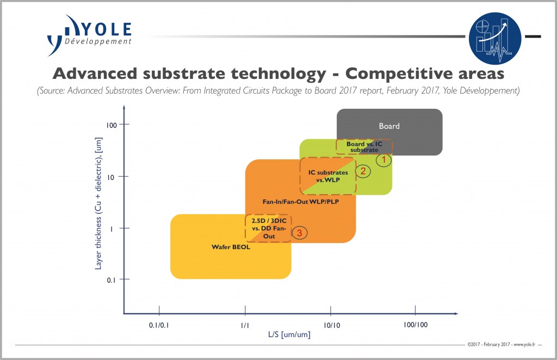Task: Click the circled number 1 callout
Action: (x=383, y=160)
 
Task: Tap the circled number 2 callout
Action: (x=363, y=171)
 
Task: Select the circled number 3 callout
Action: (x=300, y=233)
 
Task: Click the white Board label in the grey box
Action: (x=389, y=126)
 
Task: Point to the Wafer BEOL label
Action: (x=231, y=247)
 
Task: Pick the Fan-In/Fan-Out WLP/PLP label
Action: (x=301, y=202)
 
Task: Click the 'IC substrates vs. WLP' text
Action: (x=328, y=176)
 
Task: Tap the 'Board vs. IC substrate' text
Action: (x=364, y=147)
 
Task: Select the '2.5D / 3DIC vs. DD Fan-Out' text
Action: (x=269, y=228)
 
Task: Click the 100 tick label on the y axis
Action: (x=111, y=125)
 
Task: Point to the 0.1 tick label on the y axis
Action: (x=111, y=280)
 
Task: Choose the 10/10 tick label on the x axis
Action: (x=332, y=325)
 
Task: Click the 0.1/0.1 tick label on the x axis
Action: (x=159, y=325)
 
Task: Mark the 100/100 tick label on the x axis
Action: (x=416, y=325)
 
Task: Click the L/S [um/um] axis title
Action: (x=289, y=334)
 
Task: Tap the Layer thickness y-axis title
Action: (x=98, y=203)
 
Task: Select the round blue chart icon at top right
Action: (x=495, y=39)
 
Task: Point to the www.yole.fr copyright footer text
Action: (x=501, y=344)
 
